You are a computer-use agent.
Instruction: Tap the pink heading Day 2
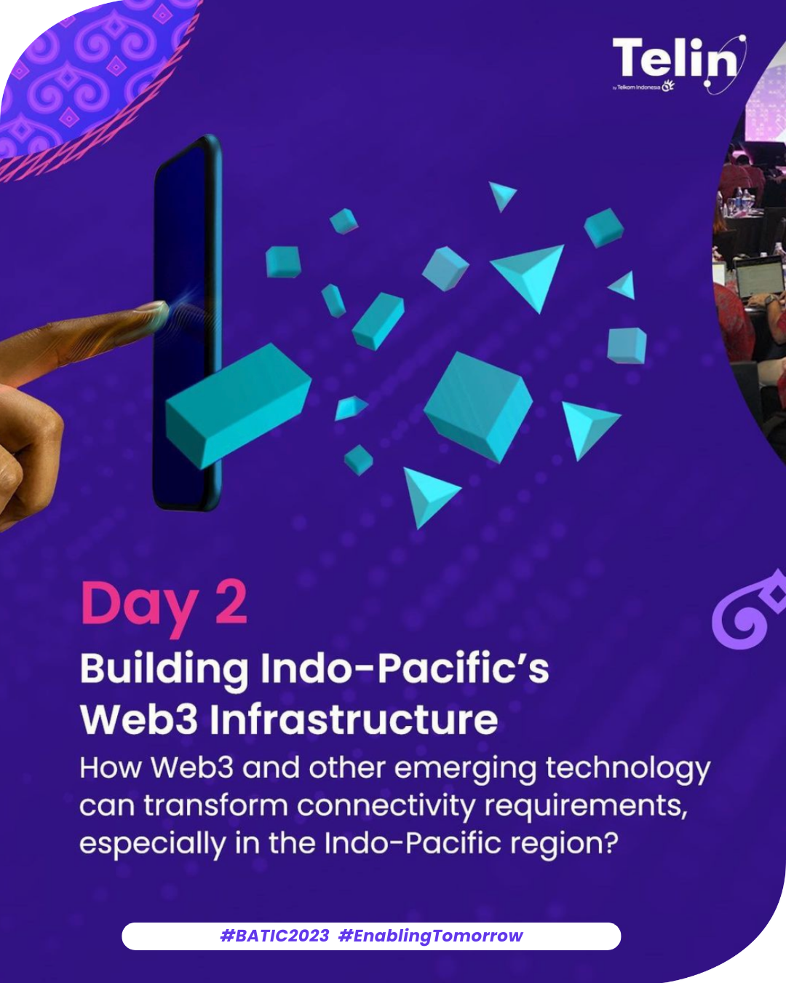tap(164, 605)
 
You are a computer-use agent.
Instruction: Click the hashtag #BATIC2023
tap(274, 936)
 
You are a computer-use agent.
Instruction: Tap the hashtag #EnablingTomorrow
tap(431, 936)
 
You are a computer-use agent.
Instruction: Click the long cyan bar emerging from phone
tap(238, 406)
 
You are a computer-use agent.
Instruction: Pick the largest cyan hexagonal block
tap(478, 407)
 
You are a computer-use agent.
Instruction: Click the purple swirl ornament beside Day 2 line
tap(749, 609)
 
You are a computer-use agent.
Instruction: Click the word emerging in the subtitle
tap(465, 770)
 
